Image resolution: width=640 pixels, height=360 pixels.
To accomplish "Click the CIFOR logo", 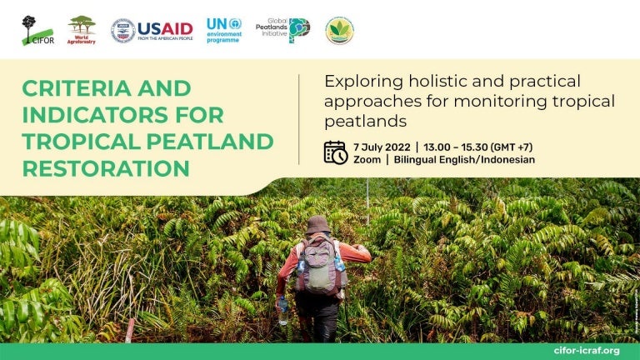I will pyautogui.click(x=37, y=30).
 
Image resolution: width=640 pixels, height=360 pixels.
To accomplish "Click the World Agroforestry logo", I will pyautogui.click(x=82, y=30).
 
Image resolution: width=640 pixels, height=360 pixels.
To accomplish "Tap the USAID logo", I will pyautogui.click(x=152, y=31).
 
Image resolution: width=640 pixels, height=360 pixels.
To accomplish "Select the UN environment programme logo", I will pyautogui.click(x=223, y=30).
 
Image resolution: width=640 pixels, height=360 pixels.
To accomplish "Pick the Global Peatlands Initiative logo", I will pyautogui.click(x=282, y=30).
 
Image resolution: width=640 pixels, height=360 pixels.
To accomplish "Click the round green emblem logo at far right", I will pyautogui.click(x=339, y=30).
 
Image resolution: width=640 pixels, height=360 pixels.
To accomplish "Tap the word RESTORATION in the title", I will pyautogui.click(x=106, y=167).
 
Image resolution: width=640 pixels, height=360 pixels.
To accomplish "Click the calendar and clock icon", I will pyautogui.click(x=335, y=152).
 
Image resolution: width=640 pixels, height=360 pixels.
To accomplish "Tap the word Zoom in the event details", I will pyautogui.click(x=367, y=160).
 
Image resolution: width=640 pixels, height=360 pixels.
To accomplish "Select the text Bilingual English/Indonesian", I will pyautogui.click(x=464, y=160).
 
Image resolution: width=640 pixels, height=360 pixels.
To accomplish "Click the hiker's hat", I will pyautogui.click(x=317, y=224).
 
